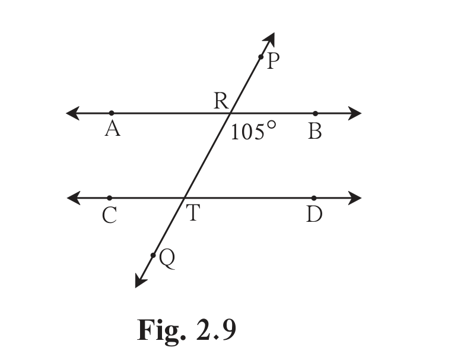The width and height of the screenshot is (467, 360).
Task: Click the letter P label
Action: click(274, 60)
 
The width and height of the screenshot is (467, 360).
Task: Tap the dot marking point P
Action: click(261, 57)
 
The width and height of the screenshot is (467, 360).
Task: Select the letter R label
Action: click(221, 101)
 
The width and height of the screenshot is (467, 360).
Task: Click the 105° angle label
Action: click(253, 130)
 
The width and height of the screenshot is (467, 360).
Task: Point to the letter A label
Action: click(113, 129)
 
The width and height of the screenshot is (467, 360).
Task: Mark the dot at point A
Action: click(112, 113)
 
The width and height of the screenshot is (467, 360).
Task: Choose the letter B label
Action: click(315, 131)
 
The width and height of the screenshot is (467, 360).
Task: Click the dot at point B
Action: click(316, 113)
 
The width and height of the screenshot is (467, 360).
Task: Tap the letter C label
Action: click(109, 215)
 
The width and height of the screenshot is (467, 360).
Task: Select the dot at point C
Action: click(110, 198)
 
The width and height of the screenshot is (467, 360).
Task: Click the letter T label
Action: click(193, 212)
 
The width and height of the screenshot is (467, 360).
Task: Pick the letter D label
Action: click(314, 214)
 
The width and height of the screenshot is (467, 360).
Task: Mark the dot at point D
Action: click(314, 198)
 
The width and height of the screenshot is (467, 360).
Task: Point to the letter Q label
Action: click(167, 259)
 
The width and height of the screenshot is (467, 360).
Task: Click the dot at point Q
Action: click(153, 255)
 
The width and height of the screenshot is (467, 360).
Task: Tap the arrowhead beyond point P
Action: click(269, 39)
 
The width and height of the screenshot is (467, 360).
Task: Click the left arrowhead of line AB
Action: click(72, 113)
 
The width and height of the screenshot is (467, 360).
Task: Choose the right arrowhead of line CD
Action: click(355, 198)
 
